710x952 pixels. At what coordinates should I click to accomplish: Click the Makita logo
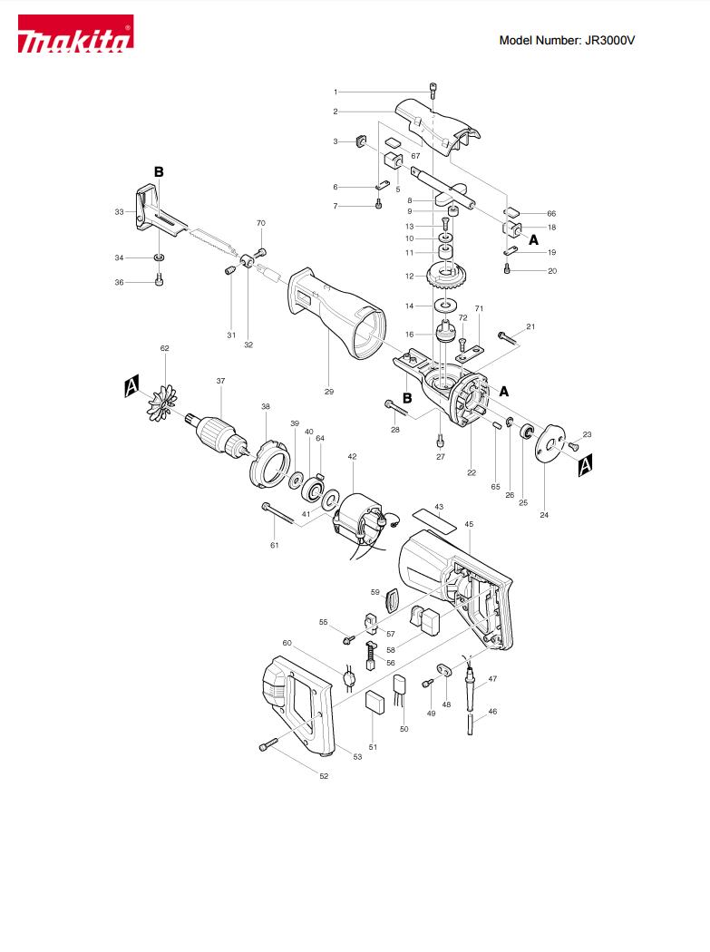click(x=75, y=34)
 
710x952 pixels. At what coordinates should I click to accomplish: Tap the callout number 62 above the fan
click(x=165, y=348)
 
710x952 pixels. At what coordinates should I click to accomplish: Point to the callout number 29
click(x=328, y=392)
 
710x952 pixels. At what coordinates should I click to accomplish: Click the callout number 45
click(x=469, y=524)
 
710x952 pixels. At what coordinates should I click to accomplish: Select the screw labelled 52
click(x=267, y=743)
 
